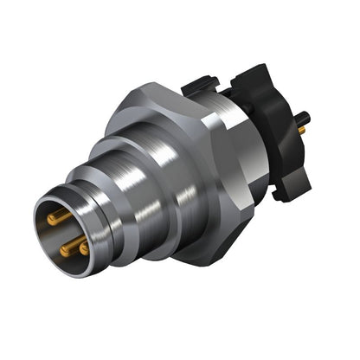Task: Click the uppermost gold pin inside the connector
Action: point(56,218)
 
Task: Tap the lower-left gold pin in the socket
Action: point(66,247)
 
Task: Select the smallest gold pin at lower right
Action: point(84,247)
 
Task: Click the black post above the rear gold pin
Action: point(305,116)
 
